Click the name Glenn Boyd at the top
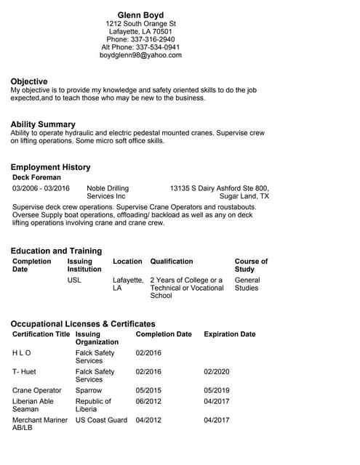click(140, 15)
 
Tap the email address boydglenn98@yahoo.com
click(140, 55)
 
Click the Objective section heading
click(29, 81)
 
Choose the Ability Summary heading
click(43, 124)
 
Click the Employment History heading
click(50, 167)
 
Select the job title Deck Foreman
click(36, 177)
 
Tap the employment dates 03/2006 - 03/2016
click(41, 188)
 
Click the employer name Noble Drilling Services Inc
click(106, 193)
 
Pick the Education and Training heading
click(56, 251)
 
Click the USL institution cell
click(74, 280)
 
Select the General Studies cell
click(247, 284)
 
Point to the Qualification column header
click(172, 261)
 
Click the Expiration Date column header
click(229, 334)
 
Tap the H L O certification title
click(22, 353)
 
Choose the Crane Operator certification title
click(37, 390)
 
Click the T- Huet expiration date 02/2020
click(216, 371)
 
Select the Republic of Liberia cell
click(93, 405)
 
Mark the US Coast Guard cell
click(101, 420)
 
